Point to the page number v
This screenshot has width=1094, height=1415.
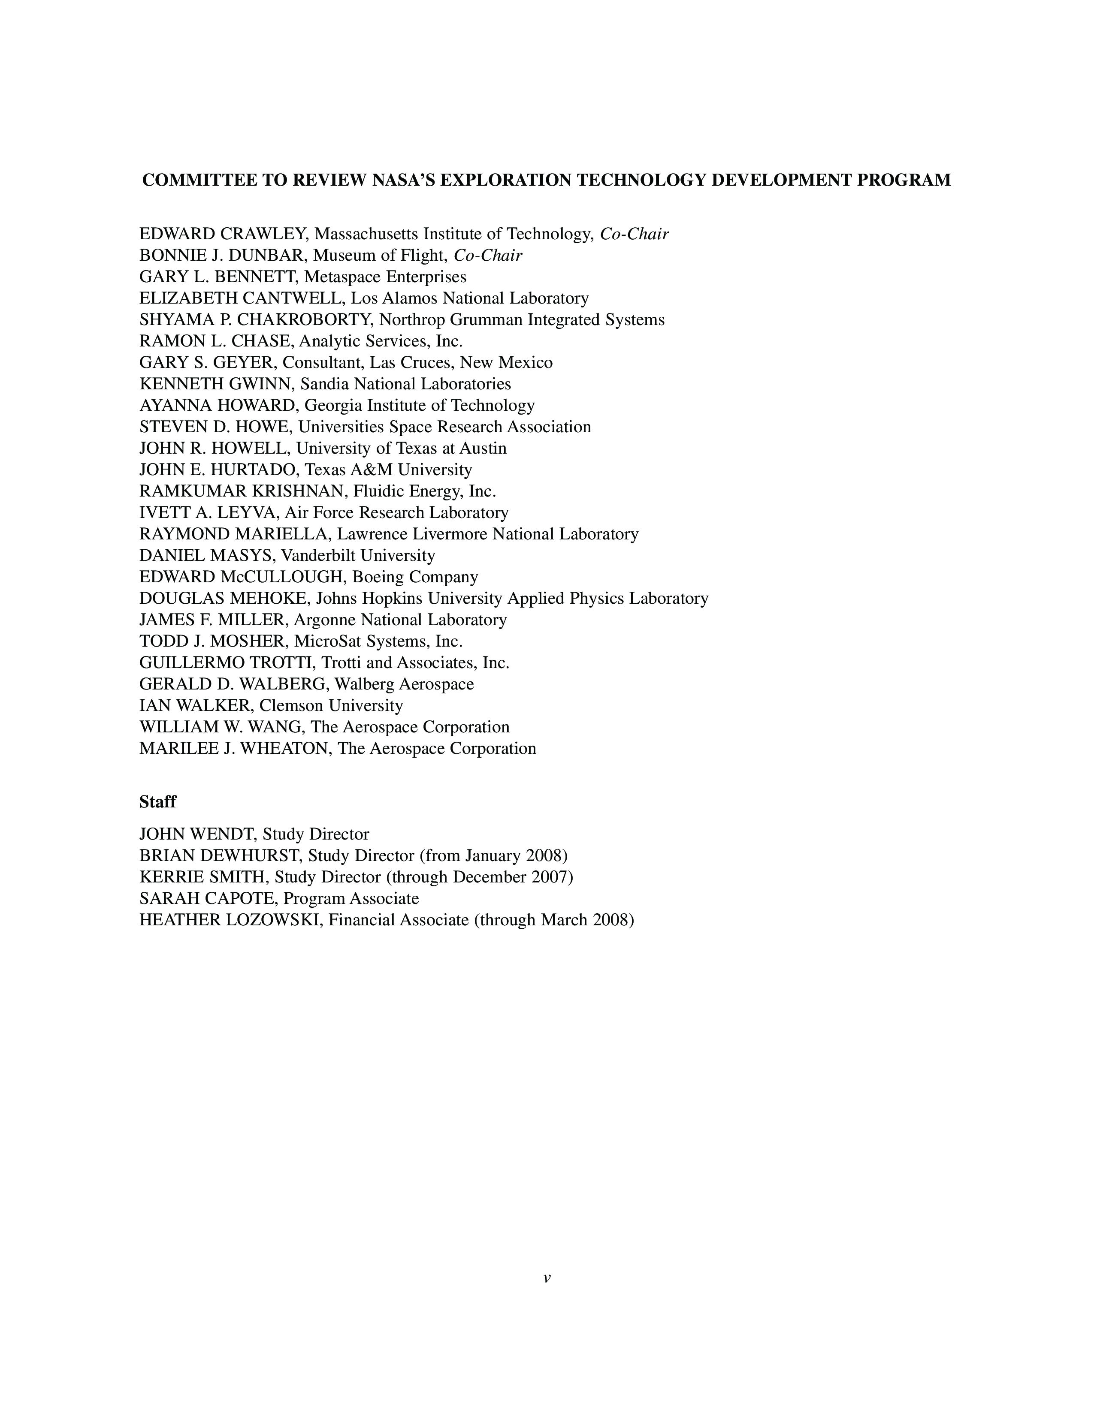tap(547, 1278)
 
